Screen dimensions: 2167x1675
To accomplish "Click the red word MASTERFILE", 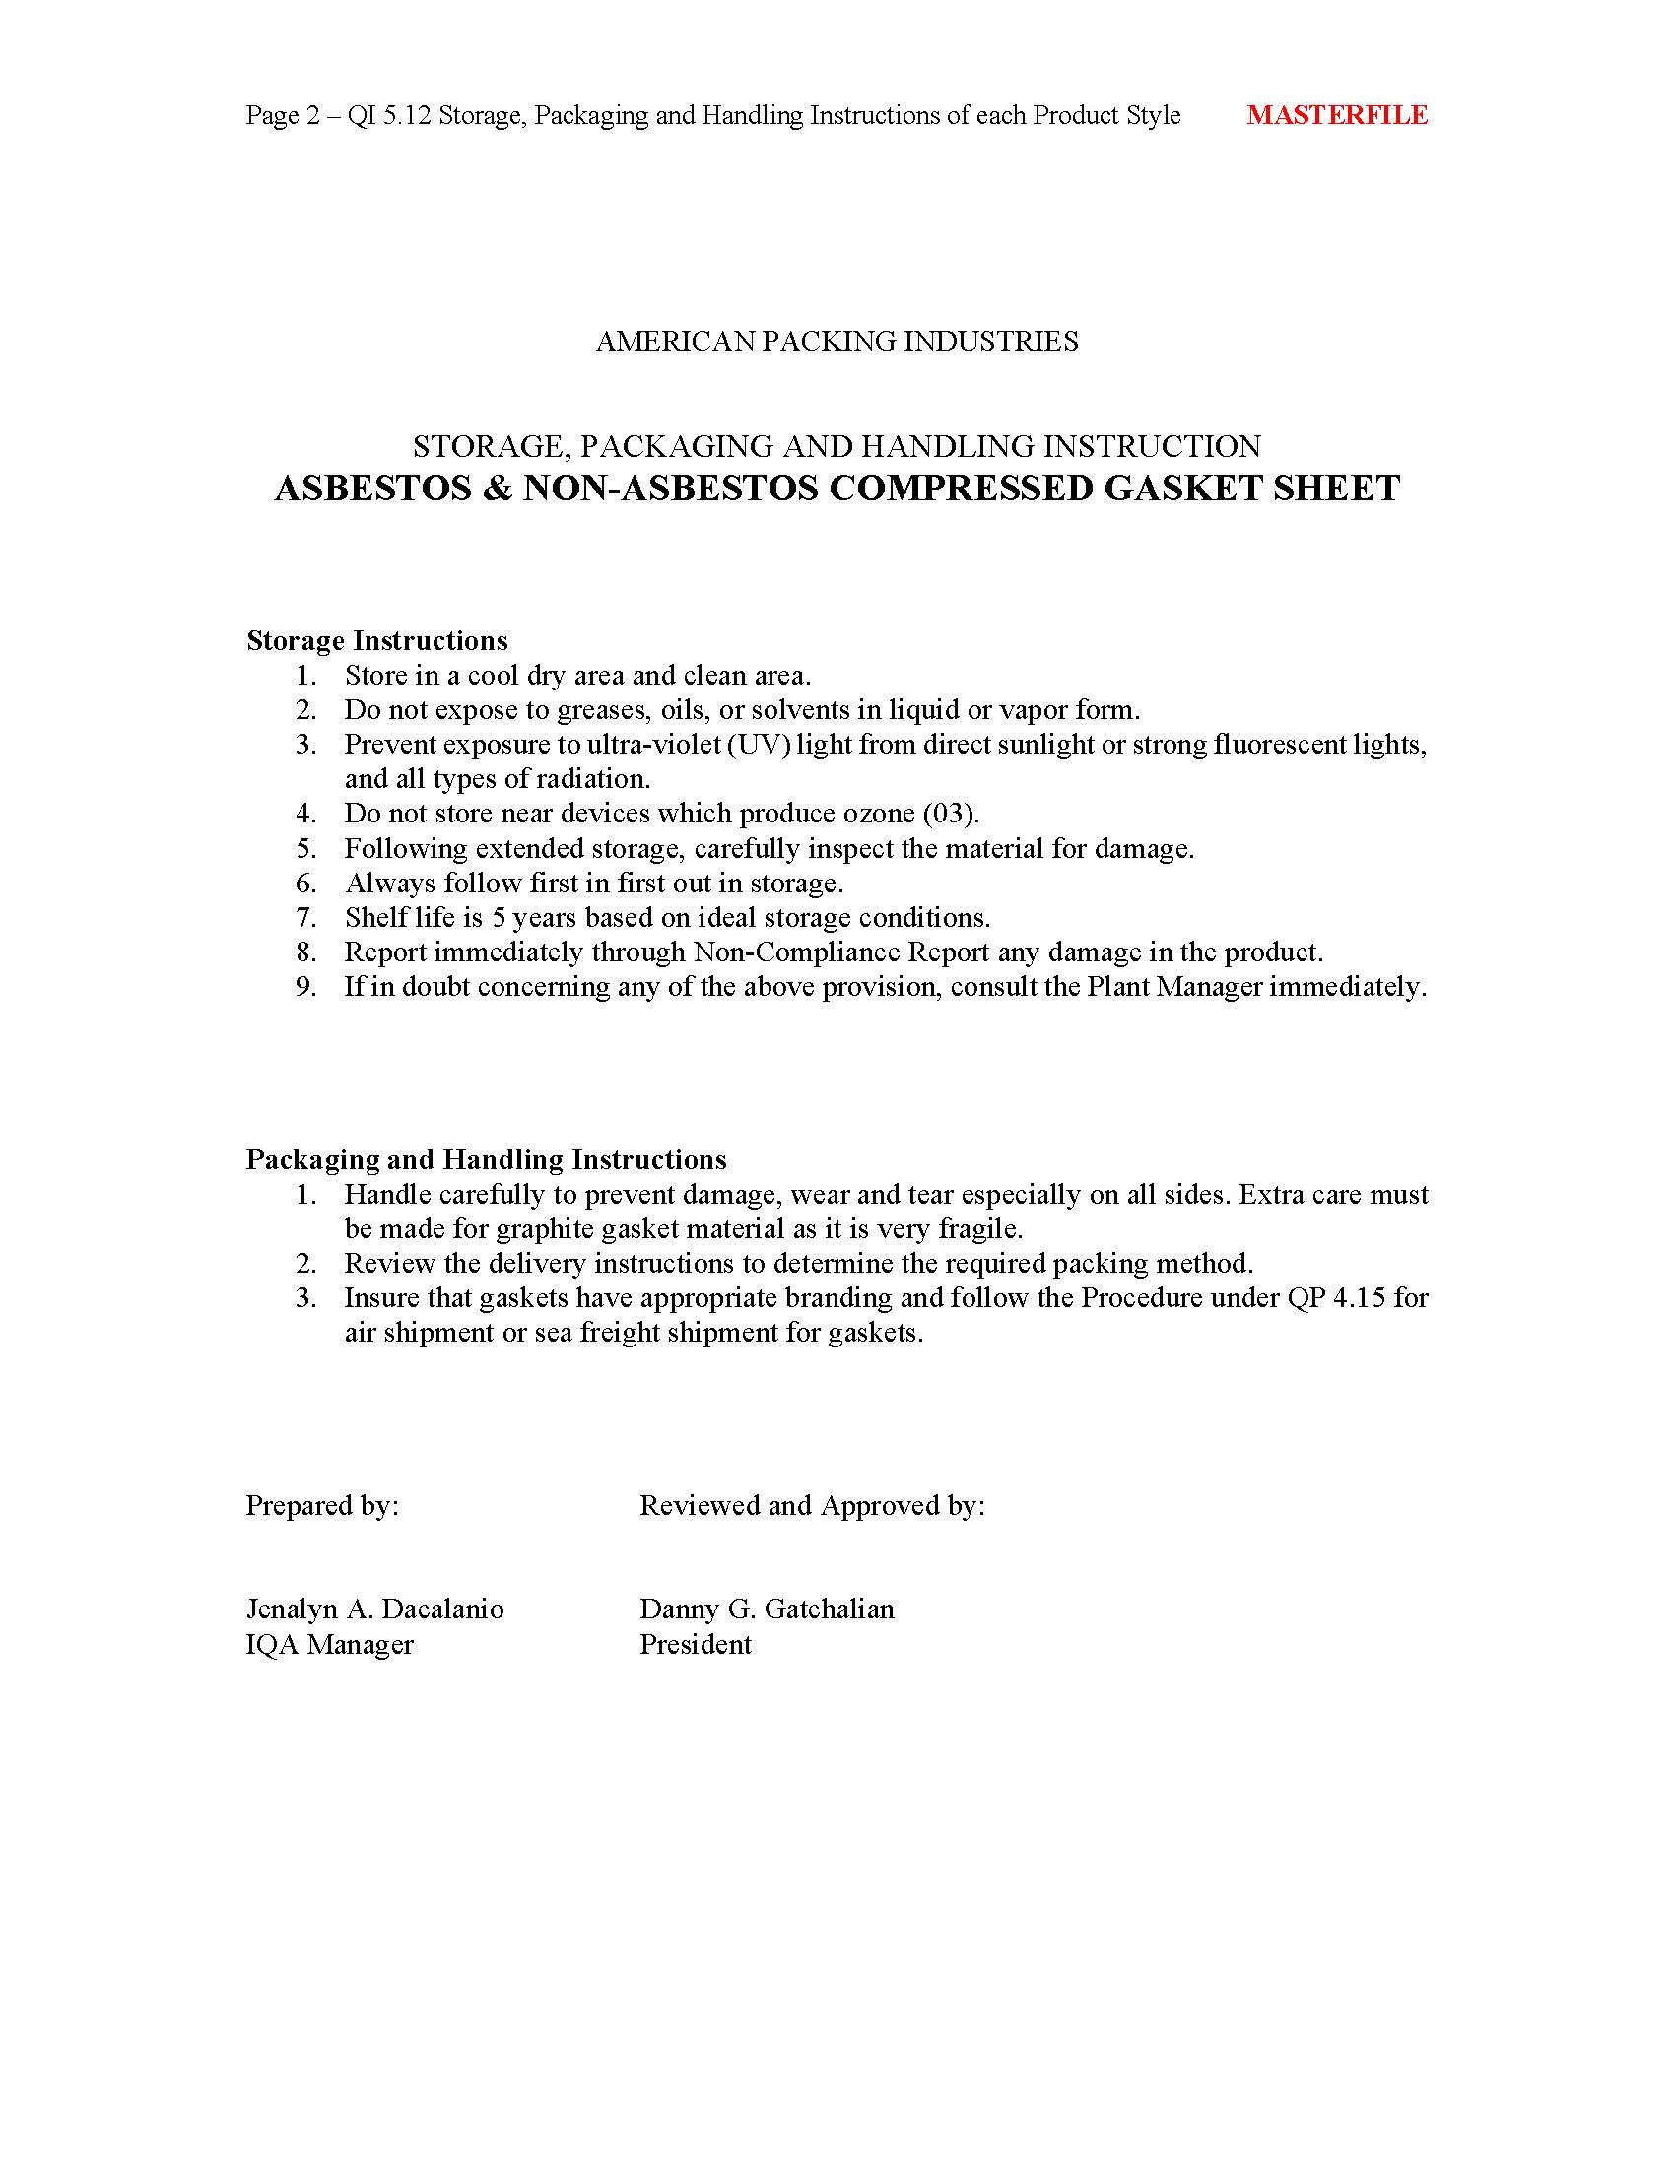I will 1337,115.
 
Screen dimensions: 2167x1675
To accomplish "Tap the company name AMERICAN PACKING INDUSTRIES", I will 837,342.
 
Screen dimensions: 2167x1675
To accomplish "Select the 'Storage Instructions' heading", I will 377,640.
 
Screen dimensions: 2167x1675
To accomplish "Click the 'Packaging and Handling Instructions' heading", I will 486,1159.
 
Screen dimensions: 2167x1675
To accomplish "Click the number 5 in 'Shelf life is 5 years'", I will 500,917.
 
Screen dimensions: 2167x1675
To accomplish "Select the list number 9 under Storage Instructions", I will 305,986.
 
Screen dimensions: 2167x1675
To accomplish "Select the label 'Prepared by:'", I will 322,1505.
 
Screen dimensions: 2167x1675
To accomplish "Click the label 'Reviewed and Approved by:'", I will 812,1505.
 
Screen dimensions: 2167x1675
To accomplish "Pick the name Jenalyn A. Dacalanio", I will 375,1609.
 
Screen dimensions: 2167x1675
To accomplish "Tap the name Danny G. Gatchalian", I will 766,1609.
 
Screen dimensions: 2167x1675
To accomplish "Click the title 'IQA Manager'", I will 329,1644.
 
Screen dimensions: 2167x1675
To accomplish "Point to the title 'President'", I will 695,1644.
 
